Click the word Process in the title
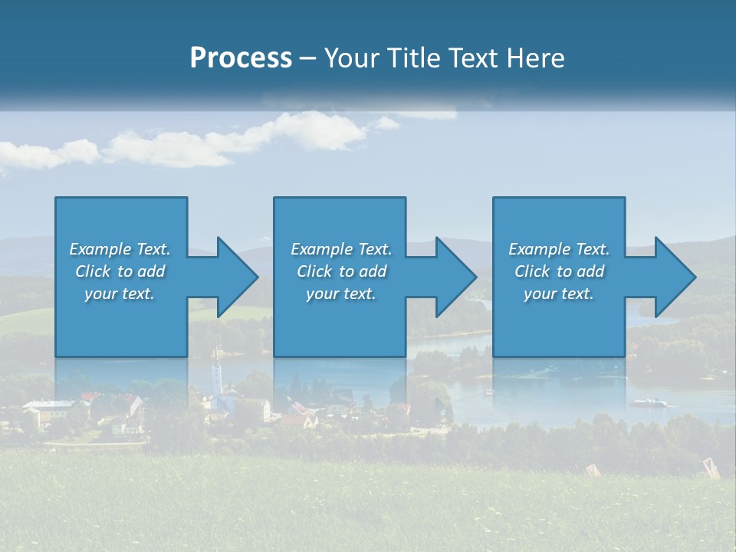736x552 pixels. pos(241,58)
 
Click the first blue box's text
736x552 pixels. pos(120,271)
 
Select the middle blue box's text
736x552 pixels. pos(340,271)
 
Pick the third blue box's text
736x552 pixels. pos(558,271)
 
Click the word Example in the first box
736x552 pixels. pos(100,249)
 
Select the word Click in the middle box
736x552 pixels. pos(314,271)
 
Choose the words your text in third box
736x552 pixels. pos(558,294)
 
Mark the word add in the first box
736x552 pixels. pos(151,271)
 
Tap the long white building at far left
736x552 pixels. pos(48,409)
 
